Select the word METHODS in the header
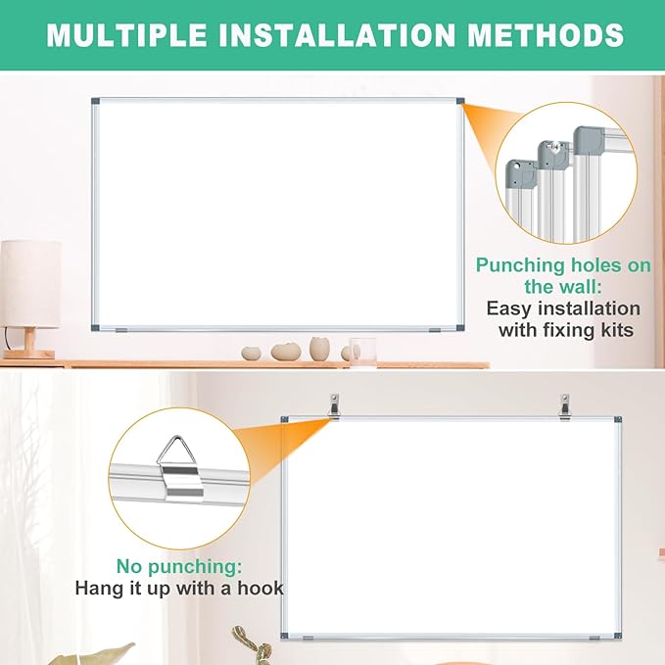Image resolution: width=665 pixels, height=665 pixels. pyautogui.click(x=555, y=35)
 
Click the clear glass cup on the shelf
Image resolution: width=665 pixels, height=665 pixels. pyautogui.click(x=363, y=350)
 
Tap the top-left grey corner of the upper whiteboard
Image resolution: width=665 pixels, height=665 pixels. pyautogui.click(x=95, y=102)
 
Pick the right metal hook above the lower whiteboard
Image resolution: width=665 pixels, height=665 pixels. pyautogui.click(x=564, y=403)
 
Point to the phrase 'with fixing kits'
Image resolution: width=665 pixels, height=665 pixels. pyautogui.click(x=565, y=330)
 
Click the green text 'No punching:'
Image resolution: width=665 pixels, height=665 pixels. pyautogui.click(x=178, y=566)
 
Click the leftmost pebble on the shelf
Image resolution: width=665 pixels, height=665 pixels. pyautogui.click(x=252, y=353)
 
